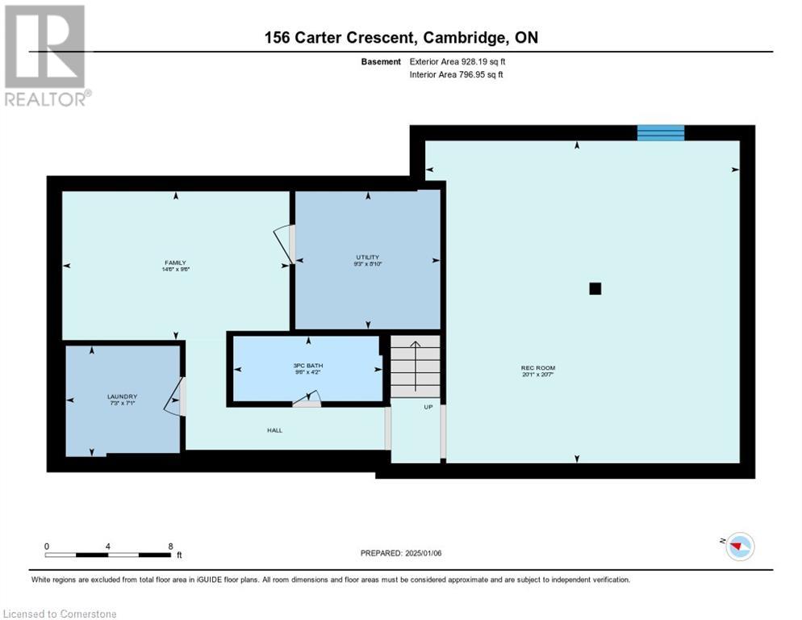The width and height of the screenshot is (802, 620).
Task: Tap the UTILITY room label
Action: [x=367, y=258]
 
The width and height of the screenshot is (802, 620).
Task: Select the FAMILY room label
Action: [x=175, y=262]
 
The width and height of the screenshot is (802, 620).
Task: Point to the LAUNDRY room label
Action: [x=122, y=396]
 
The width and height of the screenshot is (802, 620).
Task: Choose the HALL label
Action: [x=274, y=430]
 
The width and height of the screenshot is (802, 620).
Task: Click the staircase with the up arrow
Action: [x=416, y=367]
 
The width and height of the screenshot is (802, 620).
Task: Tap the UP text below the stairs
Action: [x=428, y=407]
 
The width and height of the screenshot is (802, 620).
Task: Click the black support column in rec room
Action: [x=595, y=288]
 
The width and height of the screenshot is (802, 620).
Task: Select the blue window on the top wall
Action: [x=660, y=133]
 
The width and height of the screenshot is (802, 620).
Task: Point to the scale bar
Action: [x=107, y=555]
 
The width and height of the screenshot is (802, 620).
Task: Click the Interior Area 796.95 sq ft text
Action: [x=460, y=75]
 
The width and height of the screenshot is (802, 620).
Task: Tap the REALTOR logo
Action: [x=46, y=56]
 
